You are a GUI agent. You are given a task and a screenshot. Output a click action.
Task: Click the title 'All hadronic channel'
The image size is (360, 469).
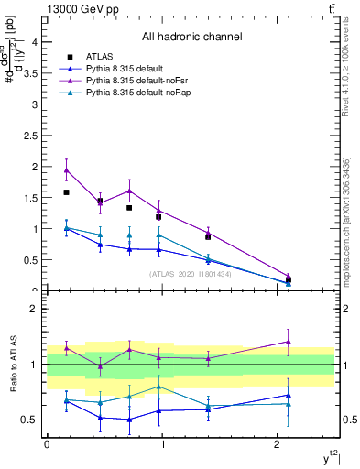(x=191, y=38)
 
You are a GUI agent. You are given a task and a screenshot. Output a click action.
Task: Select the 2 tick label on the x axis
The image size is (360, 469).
(x=277, y=444)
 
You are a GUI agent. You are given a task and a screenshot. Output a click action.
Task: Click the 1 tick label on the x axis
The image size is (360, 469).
(x=161, y=444)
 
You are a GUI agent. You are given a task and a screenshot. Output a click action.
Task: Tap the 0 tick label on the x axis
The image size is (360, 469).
(x=47, y=444)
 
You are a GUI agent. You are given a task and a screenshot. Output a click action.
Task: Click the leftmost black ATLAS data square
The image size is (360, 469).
(x=67, y=192)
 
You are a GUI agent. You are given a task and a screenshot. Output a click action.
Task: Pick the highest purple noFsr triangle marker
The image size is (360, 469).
(x=67, y=170)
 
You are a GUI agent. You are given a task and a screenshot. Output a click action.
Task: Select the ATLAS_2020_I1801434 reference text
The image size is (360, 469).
(x=191, y=274)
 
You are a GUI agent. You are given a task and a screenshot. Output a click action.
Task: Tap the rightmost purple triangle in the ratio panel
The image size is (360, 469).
(x=289, y=342)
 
